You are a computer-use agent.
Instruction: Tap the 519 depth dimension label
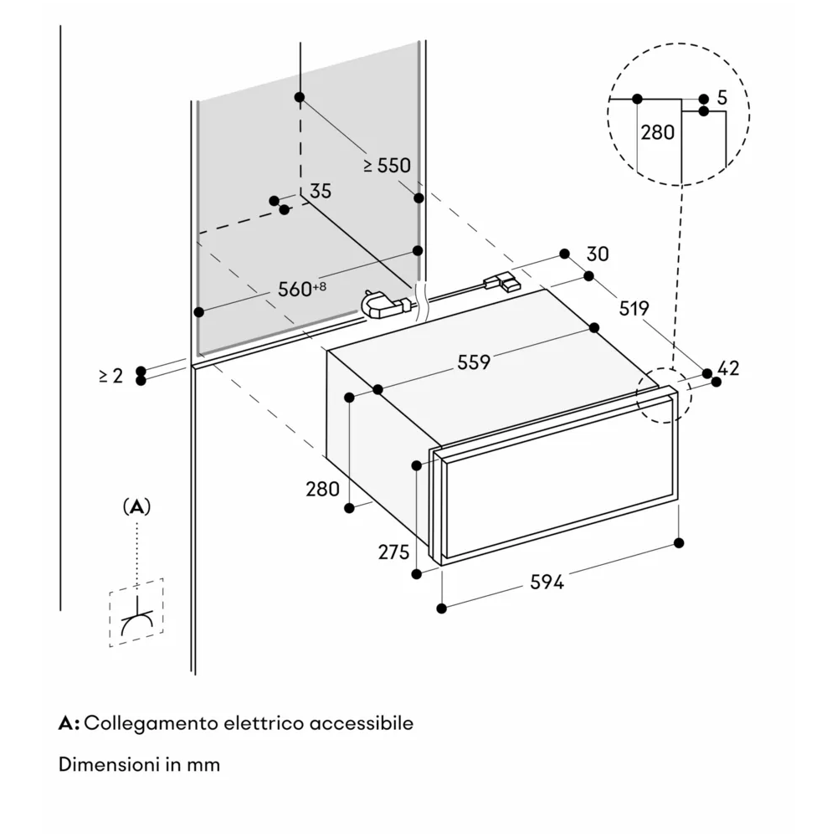click(634, 309)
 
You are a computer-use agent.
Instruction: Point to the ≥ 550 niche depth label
click(387, 166)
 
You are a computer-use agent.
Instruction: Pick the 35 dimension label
click(321, 191)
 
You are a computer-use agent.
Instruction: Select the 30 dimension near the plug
click(598, 254)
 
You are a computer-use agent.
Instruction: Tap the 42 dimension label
click(729, 367)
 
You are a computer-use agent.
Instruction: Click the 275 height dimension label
click(393, 552)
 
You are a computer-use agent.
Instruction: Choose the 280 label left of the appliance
click(322, 489)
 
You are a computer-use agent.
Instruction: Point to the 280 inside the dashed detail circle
click(658, 132)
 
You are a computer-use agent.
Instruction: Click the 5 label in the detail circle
click(722, 98)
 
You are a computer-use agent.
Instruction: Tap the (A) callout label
click(136, 506)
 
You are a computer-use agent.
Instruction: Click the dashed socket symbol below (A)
click(136, 614)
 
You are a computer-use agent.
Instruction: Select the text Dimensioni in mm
click(139, 765)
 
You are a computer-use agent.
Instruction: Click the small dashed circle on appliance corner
click(664, 395)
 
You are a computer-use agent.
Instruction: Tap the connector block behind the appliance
click(503, 283)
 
